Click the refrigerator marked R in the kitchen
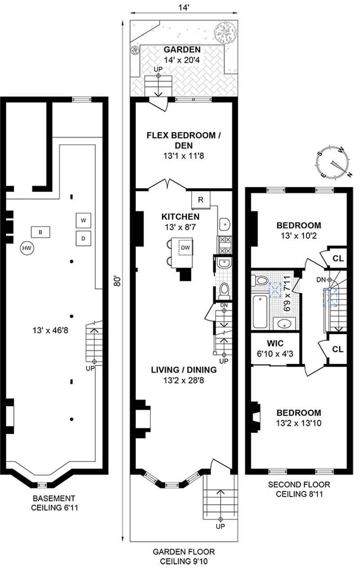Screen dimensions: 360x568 coord(201,200)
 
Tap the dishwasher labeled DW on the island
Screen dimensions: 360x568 coord(185,248)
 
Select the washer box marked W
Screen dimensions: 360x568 coord(83,220)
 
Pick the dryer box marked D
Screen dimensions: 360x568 coord(83,238)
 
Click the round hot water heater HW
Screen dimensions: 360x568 coord(27,248)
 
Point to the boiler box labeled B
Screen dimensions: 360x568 coord(40,232)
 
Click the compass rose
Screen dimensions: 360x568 coord(333,163)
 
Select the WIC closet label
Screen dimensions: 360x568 coord(275,343)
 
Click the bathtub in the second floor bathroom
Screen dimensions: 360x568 coord(260,312)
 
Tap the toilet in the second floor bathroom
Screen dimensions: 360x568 coord(260,281)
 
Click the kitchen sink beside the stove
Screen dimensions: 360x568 coord(225,224)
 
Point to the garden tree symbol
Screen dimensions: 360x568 coord(225,32)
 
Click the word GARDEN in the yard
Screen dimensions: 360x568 coord(182,49)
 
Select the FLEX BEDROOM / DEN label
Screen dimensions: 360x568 coord(184,140)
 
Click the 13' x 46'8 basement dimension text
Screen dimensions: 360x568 coord(50,331)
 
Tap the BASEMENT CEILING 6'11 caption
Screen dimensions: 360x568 coord(54,503)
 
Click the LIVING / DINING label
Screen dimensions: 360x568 coord(184,370)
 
